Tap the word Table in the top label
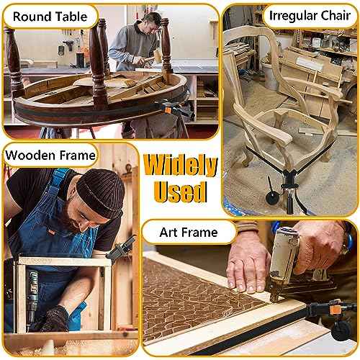(69, 17)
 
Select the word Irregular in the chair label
(293, 16)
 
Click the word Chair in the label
(336, 16)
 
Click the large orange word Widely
(181, 166)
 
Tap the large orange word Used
(181, 192)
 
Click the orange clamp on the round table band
(168, 110)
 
